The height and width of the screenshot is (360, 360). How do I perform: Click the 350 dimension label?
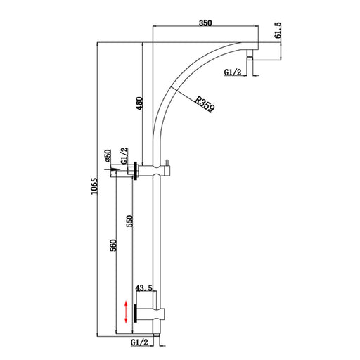pos(205,22)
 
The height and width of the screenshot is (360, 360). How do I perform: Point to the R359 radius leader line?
pos(187,98)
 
